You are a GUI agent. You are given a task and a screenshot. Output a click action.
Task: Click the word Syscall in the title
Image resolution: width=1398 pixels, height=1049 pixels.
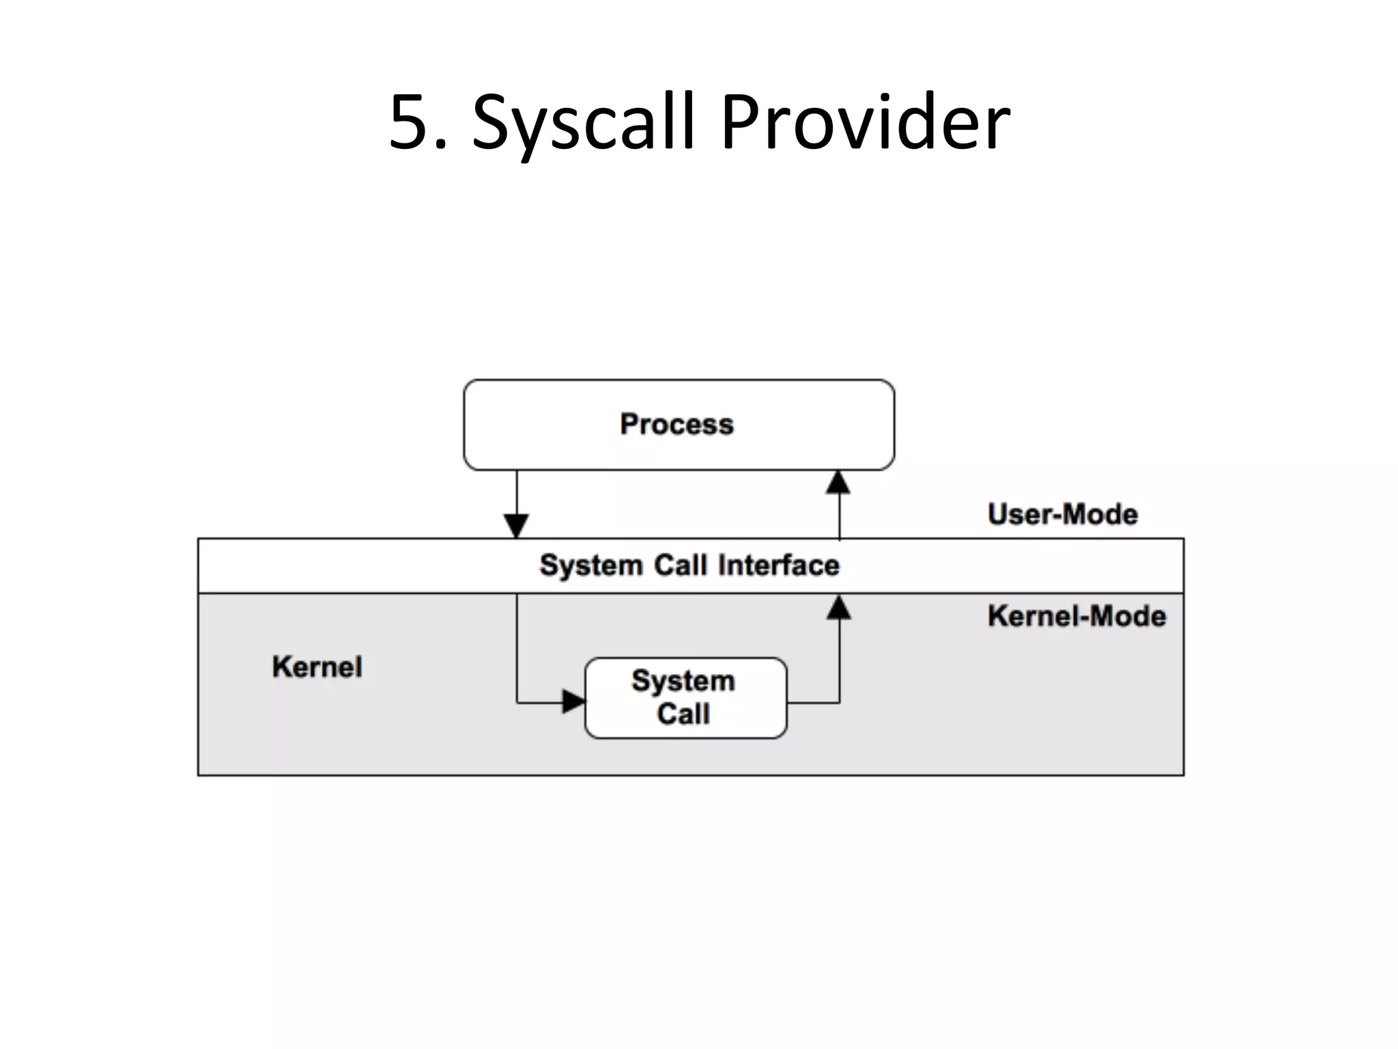[x=583, y=123]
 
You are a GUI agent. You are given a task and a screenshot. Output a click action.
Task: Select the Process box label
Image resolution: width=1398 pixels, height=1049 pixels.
[x=676, y=424]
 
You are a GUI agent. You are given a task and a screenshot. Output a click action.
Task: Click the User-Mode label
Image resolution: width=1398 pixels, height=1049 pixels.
[x=1062, y=514]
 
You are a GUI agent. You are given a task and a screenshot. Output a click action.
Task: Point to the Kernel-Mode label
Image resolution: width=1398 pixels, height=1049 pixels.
[x=1076, y=616]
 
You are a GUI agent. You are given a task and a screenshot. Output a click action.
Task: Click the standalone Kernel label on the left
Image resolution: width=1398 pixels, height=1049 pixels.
[x=317, y=667]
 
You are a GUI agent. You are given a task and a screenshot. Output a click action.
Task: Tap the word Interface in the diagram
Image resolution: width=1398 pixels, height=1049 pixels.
[x=779, y=565]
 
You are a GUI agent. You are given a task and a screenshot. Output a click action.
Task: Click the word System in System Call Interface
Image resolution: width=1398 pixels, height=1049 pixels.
[x=591, y=565]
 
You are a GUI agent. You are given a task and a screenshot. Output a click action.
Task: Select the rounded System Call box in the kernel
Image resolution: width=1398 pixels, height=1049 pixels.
[x=686, y=698]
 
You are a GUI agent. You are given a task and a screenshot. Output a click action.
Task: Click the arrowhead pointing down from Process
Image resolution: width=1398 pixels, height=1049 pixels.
[x=517, y=526]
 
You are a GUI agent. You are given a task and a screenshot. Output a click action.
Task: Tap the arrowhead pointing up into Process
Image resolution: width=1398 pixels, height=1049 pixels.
[x=838, y=482]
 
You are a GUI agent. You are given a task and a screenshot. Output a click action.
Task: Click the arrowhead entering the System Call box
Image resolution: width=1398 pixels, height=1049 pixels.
[x=573, y=701]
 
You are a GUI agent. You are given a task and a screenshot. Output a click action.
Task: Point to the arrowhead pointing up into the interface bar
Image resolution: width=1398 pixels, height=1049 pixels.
[x=839, y=608]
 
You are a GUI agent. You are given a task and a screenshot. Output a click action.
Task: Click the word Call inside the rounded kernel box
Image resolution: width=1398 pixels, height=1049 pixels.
[x=683, y=714]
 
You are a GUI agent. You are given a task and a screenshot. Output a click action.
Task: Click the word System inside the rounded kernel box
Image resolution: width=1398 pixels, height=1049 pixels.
[x=683, y=681]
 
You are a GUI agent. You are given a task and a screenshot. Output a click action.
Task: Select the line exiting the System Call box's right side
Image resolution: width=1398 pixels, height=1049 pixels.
[x=813, y=702]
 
